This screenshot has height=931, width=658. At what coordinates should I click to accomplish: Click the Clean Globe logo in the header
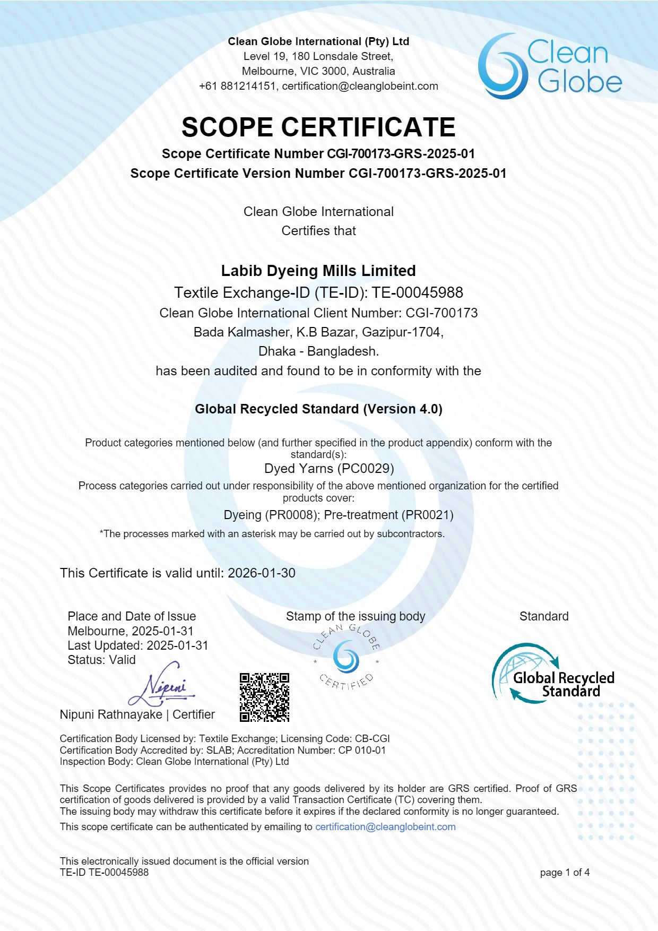coord(550,66)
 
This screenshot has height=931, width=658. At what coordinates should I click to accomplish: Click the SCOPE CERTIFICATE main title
coord(318,127)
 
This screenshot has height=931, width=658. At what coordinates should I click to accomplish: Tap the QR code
coord(264,697)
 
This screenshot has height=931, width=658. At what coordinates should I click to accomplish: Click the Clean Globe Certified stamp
coord(346,658)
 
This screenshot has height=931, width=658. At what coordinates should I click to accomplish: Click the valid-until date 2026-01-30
coord(262,573)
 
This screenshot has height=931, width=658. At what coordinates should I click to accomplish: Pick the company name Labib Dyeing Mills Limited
coord(318,271)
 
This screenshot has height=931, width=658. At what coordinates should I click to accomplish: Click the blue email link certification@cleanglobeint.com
coord(385,827)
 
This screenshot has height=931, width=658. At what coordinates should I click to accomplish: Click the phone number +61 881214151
coord(237,86)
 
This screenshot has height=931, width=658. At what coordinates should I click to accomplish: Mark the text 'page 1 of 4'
coord(565,873)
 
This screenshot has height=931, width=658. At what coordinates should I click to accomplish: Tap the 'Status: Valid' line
coord(101,660)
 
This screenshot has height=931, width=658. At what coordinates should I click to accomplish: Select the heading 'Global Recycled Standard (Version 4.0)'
coord(318,409)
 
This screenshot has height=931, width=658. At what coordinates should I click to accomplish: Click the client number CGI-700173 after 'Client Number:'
coord(441,313)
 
